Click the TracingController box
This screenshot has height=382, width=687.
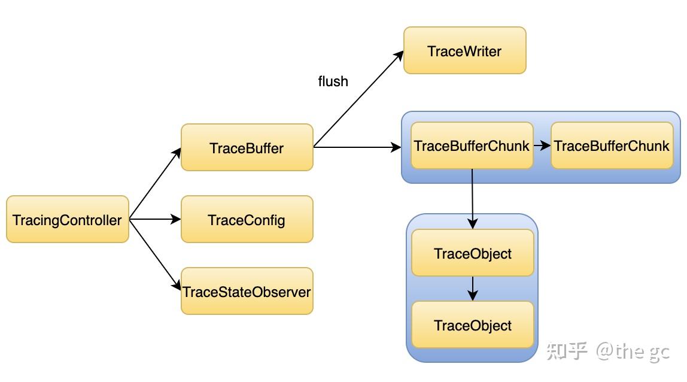click(x=68, y=219)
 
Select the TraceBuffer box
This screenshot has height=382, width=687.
click(x=247, y=147)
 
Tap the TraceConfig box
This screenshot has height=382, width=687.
click(x=247, y=219)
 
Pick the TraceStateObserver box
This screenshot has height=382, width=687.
click(x=247, y=291)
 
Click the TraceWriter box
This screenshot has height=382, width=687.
click(x=464, y=50)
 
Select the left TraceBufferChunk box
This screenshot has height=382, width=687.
click(x=472, y=145)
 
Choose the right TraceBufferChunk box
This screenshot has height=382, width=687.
click(x=612, y=145)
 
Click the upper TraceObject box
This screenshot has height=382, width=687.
click(x=473, y=253)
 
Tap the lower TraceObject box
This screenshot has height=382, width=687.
click(x=473, y=325)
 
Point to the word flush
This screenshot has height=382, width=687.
click(x=333, y=81)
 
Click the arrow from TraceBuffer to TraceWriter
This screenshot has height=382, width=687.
click(x=359, y=99)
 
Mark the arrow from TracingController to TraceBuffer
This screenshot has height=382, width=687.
click(x=154, y=184)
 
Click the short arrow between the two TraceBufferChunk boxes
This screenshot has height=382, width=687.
click(x=542, y=145)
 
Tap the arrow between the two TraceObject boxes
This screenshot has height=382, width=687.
click(x=473, y=288)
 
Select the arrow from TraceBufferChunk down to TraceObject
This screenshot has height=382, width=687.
click(x=473, y=198)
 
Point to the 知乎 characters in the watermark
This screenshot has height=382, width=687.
click(x=567, y=351)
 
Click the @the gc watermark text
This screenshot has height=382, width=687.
click(x=632, y=351)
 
